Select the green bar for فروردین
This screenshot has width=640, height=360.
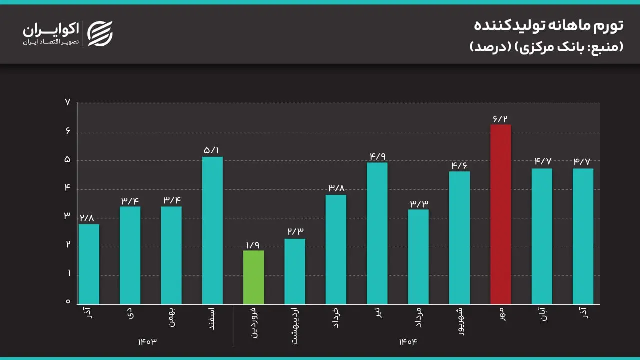[x=253, y=277]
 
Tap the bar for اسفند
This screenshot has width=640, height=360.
[x=212, y=230]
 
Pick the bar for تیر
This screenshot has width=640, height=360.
[x=377, y=233]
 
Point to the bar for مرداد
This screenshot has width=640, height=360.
[x=418, y=256]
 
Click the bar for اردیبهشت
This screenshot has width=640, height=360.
[x=295, y=271]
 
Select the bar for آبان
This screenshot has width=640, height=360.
[x=542, y=236]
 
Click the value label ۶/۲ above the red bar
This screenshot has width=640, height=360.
[x=500, y=118]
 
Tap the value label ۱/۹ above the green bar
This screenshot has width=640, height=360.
[x=253, y=245]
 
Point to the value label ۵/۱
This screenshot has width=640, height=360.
[x=212, y=150]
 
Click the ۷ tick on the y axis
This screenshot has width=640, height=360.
[x=68, y=103]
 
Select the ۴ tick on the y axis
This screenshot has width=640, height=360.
[x=68, y=189]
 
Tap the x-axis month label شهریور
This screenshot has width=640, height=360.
[x=460, y=321]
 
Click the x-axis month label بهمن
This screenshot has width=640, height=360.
[x=171, y=317]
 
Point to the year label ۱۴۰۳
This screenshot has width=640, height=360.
[x=148, y=341]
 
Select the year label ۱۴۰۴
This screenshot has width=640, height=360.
[x=408, y=341]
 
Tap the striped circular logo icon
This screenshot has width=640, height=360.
[x=100, y=33]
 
